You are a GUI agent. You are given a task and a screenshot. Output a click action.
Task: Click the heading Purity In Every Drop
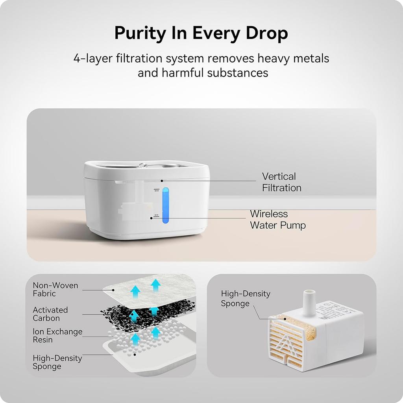click(x=201, y=33)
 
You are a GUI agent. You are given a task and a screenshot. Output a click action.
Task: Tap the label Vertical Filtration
click(x=281, y=182)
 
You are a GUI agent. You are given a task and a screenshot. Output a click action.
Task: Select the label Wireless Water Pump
click(x=277, y=220)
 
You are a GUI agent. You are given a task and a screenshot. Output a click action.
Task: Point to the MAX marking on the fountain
click(x=157, y=190)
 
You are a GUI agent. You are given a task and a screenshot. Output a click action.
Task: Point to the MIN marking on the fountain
click(x=156, y=215)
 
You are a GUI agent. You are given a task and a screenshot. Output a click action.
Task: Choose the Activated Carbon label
click(x=50, y=314)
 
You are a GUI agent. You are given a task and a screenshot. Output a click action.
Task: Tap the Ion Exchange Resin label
click(x=57, y=336)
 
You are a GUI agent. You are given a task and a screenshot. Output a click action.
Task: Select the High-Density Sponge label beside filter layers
click(x=57, y=362)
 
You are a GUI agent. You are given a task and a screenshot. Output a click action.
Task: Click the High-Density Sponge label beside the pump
click(x=246, y=298)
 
